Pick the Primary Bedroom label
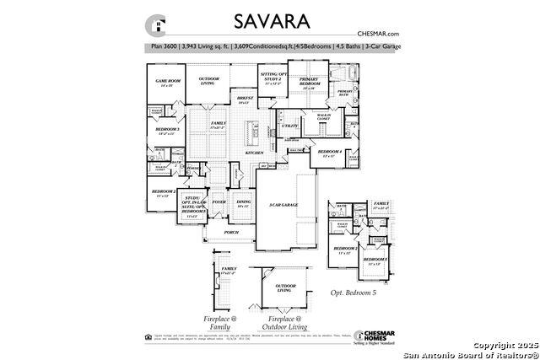(x=308, y=83)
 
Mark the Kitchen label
(x=254, y=153)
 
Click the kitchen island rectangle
(x=250, y=132)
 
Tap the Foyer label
(x=219, y=202)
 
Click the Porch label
(x=231, y=232)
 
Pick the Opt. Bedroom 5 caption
(x=353, y=292)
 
